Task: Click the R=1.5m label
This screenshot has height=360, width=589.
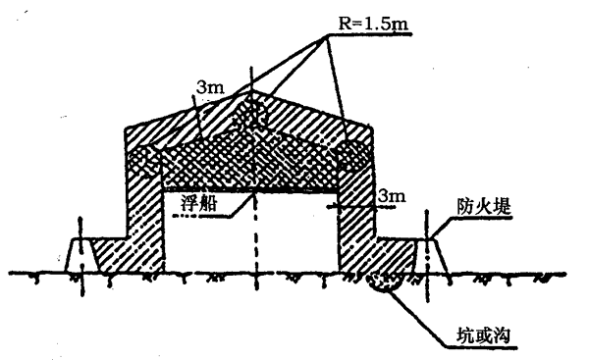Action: click(x=373, y=24)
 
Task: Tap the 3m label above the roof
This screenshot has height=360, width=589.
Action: click(x=210, y=87)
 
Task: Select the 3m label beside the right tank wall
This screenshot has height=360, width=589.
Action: click(x=392, y=195)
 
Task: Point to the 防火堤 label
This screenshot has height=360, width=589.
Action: click(x=484, y=206)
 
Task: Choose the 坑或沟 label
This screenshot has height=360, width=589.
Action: click(x=483, y=335)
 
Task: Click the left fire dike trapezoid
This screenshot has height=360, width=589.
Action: click(x=81, y=254)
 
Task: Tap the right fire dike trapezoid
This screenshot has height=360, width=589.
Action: click(x=431, y=254)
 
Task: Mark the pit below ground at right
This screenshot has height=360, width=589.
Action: click(x=384, y=282)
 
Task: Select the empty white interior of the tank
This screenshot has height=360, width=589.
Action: click(x=251, y=231)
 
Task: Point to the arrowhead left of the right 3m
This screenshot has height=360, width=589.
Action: click(x=331, y=206)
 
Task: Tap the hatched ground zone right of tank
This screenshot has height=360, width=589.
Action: click(x=396, y=254)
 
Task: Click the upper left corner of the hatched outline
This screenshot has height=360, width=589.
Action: click(x=125, y=129)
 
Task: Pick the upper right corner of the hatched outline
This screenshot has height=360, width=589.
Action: click(x=372, y=129)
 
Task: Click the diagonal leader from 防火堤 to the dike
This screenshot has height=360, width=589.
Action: click(x=443, y=228)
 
